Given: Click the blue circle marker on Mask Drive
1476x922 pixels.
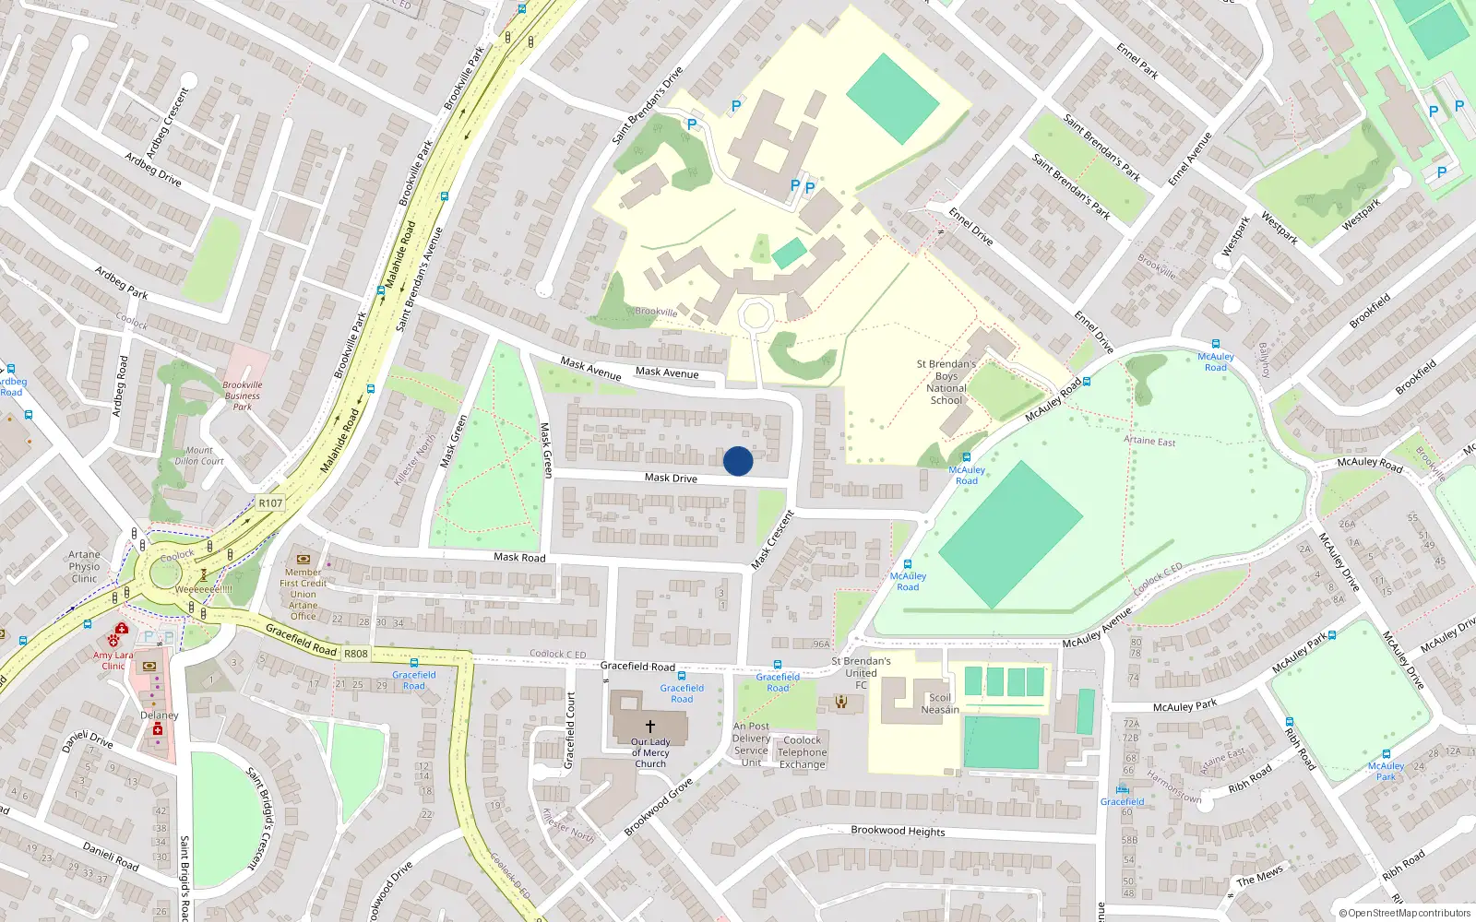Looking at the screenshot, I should pyautogui.click(x=738, y=461).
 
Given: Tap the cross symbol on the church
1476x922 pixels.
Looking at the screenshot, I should pyautogui.click(x=650, y=727).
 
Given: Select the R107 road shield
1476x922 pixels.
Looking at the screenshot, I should pyautogui.click(x=270, y=503).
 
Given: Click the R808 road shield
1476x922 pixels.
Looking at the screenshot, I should pyautogui.click(x=355, y=654).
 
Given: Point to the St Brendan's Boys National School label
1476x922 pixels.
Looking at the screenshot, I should pyautogui.click(x=946, y=382).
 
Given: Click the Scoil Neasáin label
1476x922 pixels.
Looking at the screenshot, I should pyautogui.click(x=940, y=703).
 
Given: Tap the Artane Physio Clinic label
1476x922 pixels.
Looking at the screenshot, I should pyautogui.click(x=84, y=567).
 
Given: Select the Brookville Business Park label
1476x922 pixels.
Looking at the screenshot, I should pyautogui.click(x=243, y=396).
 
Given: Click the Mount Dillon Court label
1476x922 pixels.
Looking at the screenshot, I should pyautogui.click(x=199, y=455).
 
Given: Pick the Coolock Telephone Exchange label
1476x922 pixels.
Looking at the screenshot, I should pyautogui.click(x=803, y=752).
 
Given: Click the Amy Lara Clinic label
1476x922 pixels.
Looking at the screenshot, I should pyautogui.click(x=113, y=660).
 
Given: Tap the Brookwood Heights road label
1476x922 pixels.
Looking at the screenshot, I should pyautogui.click(x=898, y=831).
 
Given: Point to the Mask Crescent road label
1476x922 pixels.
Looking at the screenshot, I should pyautogui.click(x=772, y=540).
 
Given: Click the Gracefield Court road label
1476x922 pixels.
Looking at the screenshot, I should pyautogui.click(x=570, y=730).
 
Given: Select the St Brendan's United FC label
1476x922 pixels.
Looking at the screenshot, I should pyautogui.click(x=861, y=673).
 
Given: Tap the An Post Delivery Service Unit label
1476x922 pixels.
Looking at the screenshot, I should pyautogui.click(x=751, y=744).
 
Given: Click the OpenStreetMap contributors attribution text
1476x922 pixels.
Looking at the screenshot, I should pyautogui.click(x=1409, y=913).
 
